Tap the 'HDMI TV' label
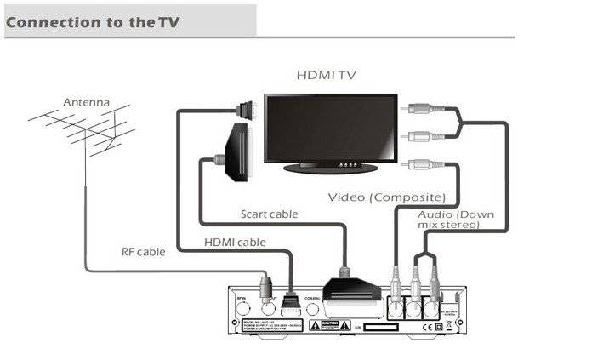click(x=327, y=75)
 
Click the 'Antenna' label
click(x=86, y=103)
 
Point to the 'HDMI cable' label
click(x=235, y=243)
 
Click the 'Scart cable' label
click(x=269, y=214)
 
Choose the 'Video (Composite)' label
click(x=387, y=197)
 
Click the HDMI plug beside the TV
click(x=244, y=107)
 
